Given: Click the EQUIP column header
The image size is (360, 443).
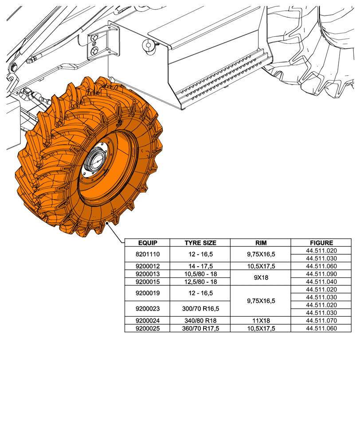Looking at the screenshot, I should tap(147, 243).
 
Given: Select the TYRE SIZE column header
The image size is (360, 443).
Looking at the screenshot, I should tap(200, 243).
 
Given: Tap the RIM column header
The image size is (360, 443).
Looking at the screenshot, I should tap(260, 243).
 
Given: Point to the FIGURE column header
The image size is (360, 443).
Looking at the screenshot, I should tap(321, 243).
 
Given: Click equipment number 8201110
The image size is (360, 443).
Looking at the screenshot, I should tap(147, 255).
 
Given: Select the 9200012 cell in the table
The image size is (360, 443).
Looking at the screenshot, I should tap(147, 266).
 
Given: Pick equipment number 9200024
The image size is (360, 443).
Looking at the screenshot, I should tap(147, 320).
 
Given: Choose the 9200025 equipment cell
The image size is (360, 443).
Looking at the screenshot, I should tap(147, 328).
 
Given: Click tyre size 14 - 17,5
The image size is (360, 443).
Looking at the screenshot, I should tap(200, 266).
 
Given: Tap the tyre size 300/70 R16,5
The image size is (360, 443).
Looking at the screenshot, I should tap(200, 309).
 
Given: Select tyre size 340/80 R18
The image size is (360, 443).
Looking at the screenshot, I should tap(200, 320).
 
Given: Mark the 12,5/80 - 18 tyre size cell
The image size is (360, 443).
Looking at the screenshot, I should tap(200, 282).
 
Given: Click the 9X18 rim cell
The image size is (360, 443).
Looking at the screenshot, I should tap(260, 278).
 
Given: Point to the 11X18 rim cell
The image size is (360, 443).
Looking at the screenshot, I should tap(260, 320).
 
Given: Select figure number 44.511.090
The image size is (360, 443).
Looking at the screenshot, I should tap(321, 274).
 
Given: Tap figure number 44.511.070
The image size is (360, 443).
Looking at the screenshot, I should tap(321, 320).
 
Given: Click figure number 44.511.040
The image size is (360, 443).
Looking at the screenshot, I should tap(321, 282).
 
